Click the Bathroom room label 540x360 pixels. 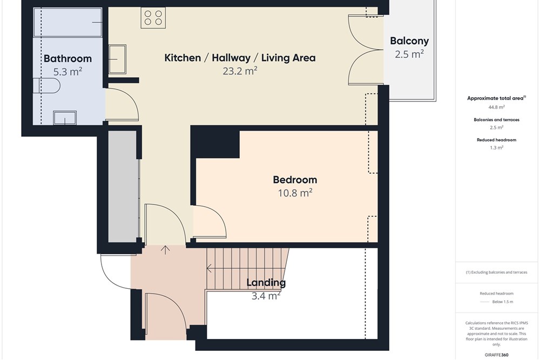tap(67, 58)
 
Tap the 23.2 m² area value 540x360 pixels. tap(240, 71)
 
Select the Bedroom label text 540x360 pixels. tap(295, 180)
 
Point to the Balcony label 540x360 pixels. tap(409, 41)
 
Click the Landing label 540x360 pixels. tap(266, 283)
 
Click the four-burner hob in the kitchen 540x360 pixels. tap(153, 18)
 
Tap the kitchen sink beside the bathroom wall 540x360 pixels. tap(117, 59)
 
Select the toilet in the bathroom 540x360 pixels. tap(47, 86)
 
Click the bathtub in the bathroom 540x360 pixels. tap(68, 22)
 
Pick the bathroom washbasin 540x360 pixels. tap(65, 118)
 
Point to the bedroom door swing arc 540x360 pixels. tap(217, 215)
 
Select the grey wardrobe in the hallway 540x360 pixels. tap(123, 186)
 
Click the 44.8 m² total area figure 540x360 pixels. tap(496, 107)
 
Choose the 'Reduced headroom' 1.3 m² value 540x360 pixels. tap(496, 148)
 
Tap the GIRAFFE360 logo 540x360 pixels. tap(496, 355)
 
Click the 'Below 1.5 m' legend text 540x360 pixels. tap(502, 302)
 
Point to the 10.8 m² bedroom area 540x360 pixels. tap(295, 193)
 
